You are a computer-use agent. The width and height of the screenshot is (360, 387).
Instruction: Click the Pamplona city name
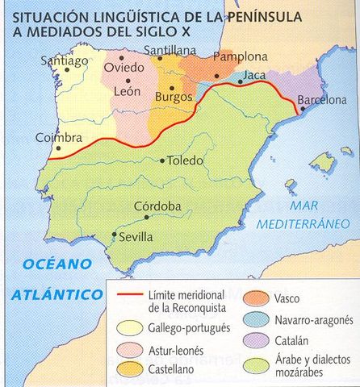[x=241, y=57]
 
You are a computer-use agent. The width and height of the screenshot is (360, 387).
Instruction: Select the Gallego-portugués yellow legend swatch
[x=130, y=327]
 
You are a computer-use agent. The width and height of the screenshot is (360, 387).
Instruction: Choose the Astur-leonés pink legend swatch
[x=130, y=352]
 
